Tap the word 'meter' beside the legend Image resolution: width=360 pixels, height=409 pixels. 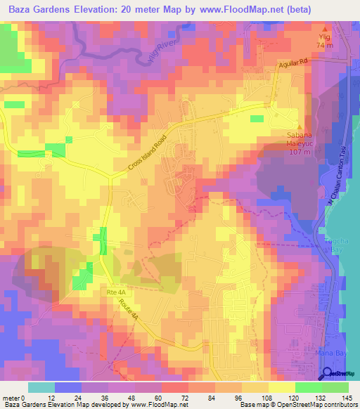12,397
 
